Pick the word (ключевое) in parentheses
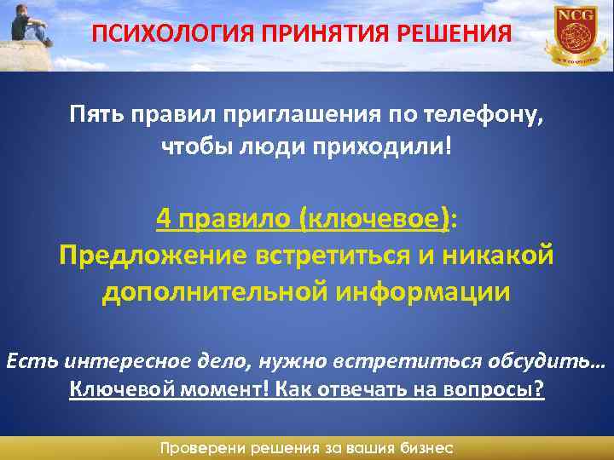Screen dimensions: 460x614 (374, 219)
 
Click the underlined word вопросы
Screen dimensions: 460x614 (492, 389)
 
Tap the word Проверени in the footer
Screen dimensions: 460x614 (198, 448)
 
